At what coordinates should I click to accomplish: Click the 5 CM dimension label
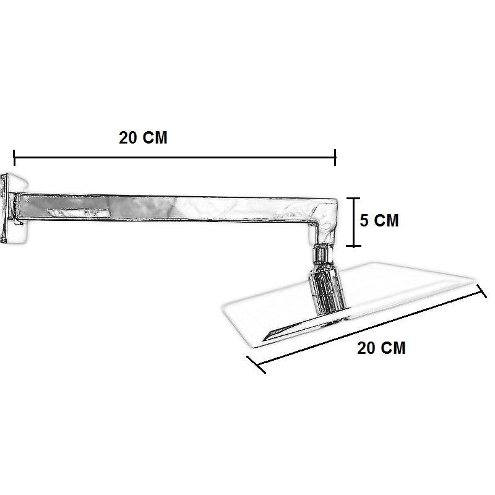(379, 220)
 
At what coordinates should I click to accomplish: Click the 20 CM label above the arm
(143, 137)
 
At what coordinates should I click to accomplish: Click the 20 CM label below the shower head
(381, 348)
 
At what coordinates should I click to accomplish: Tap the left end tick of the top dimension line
(14, 158)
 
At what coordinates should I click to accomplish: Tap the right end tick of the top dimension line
(335, 158)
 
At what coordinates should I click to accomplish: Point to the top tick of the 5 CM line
(353, 199)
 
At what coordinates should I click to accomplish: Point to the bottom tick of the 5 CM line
(353, 246)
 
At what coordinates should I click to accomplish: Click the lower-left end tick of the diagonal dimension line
(256, 365)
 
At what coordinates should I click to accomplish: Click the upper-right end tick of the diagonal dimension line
(481, 291)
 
